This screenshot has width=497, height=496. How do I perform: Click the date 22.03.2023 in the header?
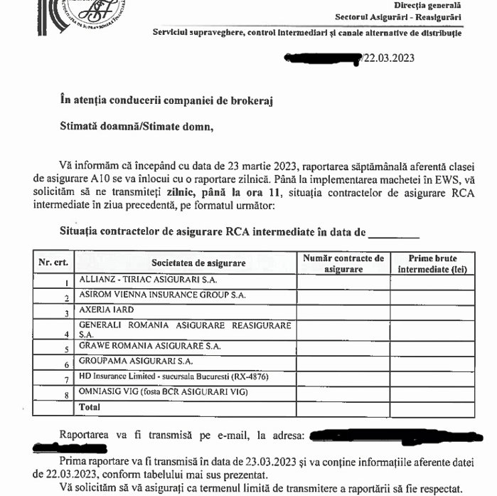[x=389, y=59]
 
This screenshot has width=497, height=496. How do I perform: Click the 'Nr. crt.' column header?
[x=53, y=262]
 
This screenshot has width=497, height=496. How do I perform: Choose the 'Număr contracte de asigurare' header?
[x=343, y=263]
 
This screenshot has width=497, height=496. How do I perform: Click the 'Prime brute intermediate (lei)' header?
[x=432, y=263]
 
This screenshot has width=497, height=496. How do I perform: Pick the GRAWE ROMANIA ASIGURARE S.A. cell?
[x=150, y=346]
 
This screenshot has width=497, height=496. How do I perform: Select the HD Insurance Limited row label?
[x=173, y=376]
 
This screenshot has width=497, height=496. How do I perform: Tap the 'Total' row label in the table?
[x=90, y=408]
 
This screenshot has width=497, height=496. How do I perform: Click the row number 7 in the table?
[x=65, y=379]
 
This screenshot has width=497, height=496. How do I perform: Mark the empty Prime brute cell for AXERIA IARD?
[x=432, y=312]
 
